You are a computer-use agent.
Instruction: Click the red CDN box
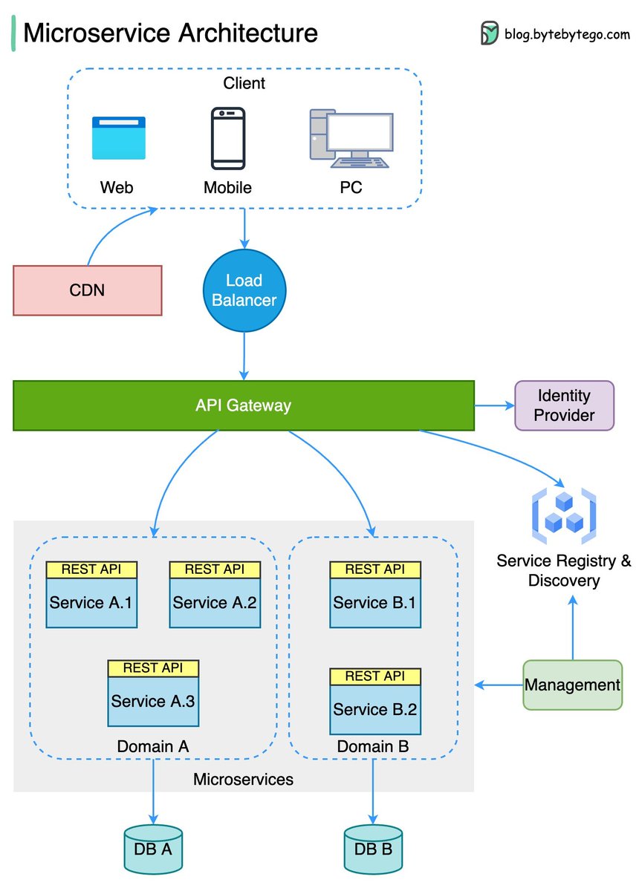click(x=88, y=290)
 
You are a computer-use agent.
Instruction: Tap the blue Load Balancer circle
click(x=244, y=290)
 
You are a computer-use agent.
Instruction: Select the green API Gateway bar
click(x=244, y=405)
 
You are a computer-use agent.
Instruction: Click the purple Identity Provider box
click(x=565, y=405)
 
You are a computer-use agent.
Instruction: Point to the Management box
click(x=572, y=685)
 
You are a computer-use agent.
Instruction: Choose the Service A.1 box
click(x=91, y=602)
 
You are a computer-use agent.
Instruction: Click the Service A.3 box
click(x=153, y=701)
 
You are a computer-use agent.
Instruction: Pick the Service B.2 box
click(x=375, y=709)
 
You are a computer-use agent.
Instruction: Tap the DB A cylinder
click(x=153, y=848)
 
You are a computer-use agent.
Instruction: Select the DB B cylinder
click(x=373, y=848)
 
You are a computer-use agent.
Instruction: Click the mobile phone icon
click(x=227, y=139)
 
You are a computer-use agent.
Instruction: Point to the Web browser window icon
click(x=119, y=138)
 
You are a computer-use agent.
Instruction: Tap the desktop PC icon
click(x=351, y=139)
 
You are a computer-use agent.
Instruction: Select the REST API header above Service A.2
click(x=215, y=569)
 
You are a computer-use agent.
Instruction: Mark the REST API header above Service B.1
click(x=375, y=569)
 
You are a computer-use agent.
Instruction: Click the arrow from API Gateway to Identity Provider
click(x=494, y=405)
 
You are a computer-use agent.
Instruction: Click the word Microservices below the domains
click(x=243, y=780)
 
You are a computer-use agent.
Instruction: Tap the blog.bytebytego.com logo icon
click(x=490, y=33)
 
